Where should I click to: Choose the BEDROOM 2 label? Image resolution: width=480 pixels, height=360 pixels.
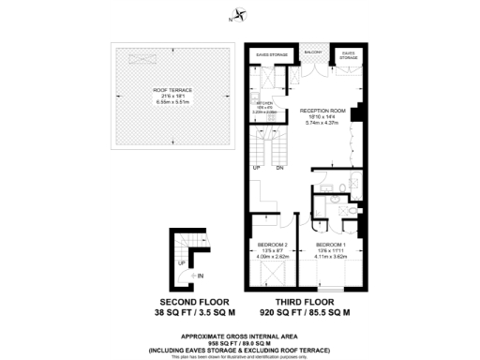272,246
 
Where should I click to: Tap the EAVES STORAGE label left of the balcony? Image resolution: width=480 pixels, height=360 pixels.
272,54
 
